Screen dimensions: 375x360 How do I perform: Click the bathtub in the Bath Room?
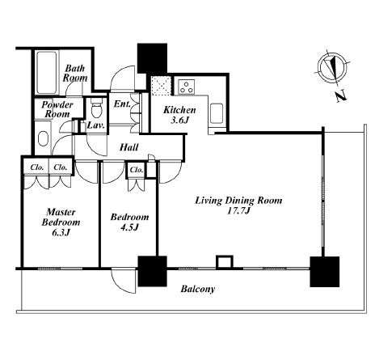click(x=47, y=72)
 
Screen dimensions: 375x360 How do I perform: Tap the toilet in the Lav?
click(x=96, y=108)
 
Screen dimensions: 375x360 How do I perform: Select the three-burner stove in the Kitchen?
click(x=186, y=86)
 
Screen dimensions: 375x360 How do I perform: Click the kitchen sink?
click(x=217, y=113)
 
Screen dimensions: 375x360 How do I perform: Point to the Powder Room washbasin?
click(x=43, y=138)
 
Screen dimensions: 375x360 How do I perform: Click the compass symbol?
click(x=331, y=66)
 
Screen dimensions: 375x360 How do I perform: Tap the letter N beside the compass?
click(x=340, y=96)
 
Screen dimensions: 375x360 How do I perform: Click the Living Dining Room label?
click(x=238, y=201)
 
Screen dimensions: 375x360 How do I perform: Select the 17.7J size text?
click(x=238, y=210)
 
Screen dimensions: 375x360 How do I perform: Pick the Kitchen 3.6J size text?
click(x=179, y=120)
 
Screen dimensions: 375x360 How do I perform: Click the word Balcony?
click(x=198, y=290)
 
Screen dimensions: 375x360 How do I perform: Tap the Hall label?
click(x=129, y=147)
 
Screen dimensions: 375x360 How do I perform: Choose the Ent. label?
click(x=122, y=104)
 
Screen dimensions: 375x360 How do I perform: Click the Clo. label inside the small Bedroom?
click(x=137, y=170)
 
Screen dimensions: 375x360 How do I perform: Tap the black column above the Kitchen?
click(x=152, y=58)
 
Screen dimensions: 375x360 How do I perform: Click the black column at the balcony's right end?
click(x=325, y=272)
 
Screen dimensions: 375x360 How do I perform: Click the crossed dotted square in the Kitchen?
click(x=162, y=86)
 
